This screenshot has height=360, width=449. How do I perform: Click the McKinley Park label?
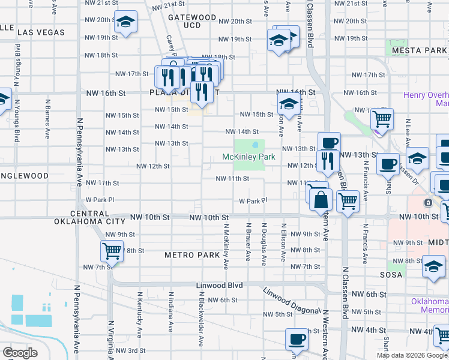249,157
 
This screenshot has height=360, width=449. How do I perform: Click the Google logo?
20,352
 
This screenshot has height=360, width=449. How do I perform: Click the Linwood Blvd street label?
219,286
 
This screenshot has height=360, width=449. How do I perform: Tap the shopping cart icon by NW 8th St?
112,251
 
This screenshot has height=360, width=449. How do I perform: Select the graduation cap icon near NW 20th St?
126,23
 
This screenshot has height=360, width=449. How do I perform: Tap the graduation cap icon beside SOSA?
433,266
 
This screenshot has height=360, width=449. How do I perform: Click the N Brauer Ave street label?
247,243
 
